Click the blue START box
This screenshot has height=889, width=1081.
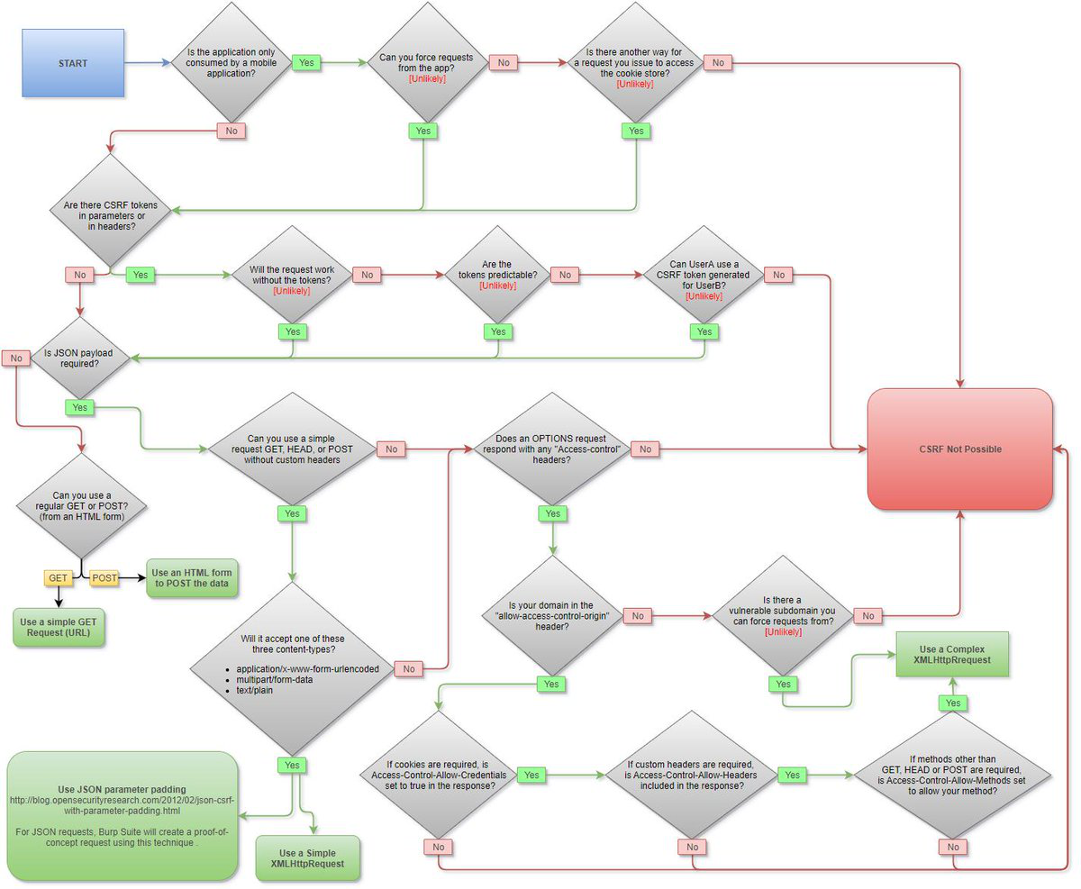tap(73, 63)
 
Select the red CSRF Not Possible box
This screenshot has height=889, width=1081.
tap(960, 449)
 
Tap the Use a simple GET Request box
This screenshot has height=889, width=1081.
tap(58, 627)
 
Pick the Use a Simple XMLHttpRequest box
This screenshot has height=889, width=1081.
tap(308, 858)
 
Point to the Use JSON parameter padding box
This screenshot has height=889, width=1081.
tap(123, 815)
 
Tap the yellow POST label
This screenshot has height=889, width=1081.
tap(104, 577)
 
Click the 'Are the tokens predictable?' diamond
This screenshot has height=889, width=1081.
tap(497, 274)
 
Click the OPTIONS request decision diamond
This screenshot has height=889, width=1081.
tap(551, 449)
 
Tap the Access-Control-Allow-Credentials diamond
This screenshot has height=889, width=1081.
tap(438, 775)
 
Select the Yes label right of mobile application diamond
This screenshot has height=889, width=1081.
tap(306, 63)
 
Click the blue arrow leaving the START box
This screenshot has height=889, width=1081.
tap(145, 63)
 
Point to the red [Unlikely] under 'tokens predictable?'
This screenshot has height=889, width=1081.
tap(497, 286)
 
